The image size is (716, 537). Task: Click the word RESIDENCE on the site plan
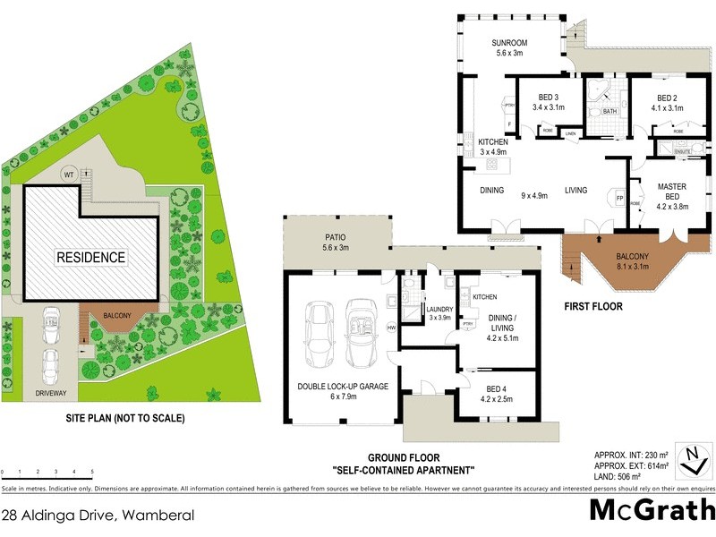click(x=91, y=257)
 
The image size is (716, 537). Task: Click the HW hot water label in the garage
click(x=391, y=327)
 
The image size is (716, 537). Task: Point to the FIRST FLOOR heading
click(x=592, y=306)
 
